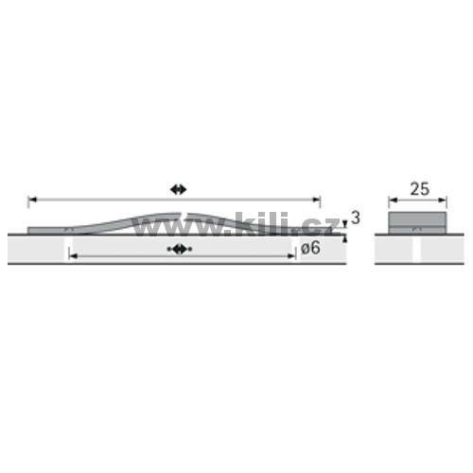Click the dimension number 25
(x=420, y=189)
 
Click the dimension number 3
(x=356, y=218)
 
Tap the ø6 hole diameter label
(x=310, y=248)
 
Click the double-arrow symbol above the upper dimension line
(x=179, y=189)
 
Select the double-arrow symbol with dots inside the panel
(x=180, y=249)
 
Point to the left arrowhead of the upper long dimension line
(x=32, y=200)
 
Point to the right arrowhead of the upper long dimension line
(x=316, y=200)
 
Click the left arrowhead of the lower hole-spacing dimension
(x=73, y=256)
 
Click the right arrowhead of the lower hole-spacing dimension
(x=291, y=256)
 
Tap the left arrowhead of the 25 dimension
(x=393, y=200)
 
